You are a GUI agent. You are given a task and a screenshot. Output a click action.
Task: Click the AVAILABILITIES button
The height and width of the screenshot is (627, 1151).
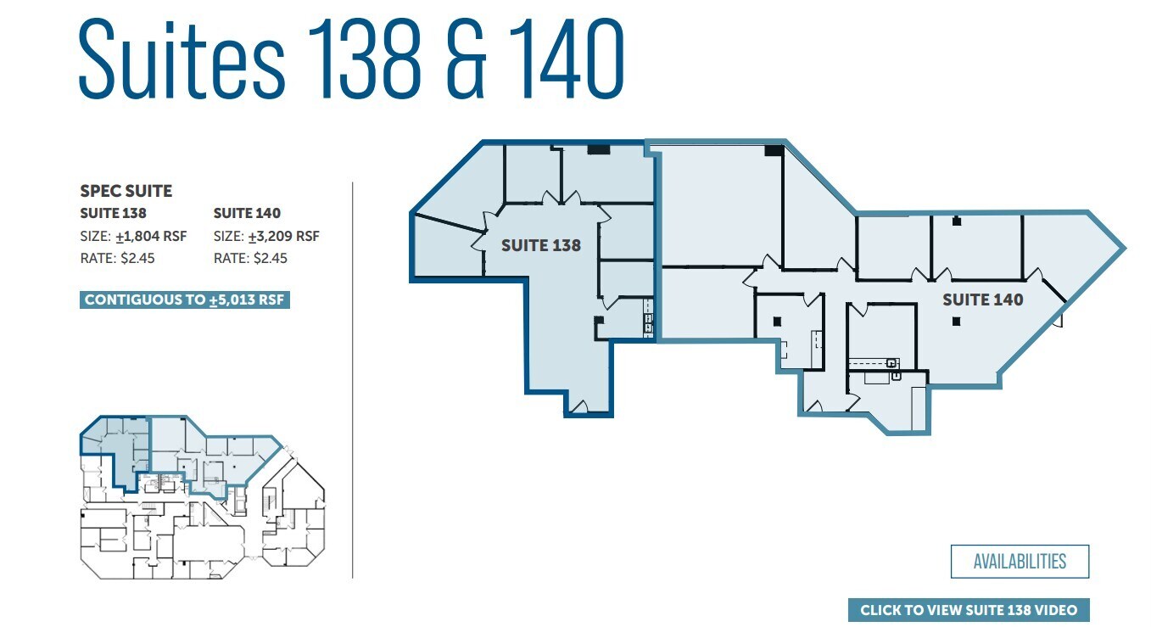coord(1020,561)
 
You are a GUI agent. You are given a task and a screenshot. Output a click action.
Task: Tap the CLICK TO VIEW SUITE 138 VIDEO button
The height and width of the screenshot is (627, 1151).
coord(969,610)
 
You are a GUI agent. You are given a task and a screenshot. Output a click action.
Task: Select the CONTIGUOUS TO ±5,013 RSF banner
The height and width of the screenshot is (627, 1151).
coord(184,300)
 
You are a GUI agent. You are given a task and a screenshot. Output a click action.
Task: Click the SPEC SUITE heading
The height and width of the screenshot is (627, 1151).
coord(126,191)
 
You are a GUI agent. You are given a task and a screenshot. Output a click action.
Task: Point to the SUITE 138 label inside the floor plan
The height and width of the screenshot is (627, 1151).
coord(540,246)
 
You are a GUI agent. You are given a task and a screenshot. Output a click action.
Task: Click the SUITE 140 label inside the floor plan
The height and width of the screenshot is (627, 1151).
coord(982,300)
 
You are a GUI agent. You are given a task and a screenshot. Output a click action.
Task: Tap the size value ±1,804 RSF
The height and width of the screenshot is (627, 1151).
coord(151,237)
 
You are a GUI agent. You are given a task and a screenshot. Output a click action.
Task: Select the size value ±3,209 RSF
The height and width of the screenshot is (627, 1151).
coord(283,237)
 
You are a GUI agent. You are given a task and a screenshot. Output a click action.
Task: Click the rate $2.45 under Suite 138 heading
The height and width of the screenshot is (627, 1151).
coord(137,258)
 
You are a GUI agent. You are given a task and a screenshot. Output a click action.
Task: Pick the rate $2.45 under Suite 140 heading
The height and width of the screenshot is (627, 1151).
coord(271,258)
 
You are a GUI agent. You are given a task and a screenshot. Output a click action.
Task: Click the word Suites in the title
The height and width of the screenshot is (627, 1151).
coord(181,59)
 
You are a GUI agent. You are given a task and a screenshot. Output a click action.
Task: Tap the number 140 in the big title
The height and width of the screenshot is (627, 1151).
coord(567,59)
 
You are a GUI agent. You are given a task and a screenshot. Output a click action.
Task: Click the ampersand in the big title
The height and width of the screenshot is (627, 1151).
coord(466,59)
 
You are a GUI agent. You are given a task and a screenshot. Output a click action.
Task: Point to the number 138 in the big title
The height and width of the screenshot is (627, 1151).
coord(365,59)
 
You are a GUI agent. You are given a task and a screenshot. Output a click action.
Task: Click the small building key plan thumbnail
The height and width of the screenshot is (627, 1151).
coord(203,497)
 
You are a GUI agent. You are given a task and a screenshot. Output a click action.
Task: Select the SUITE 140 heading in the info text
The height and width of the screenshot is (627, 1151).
coord(247,213)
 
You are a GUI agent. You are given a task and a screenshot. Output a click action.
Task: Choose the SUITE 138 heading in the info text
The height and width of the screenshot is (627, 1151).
coord(113,213)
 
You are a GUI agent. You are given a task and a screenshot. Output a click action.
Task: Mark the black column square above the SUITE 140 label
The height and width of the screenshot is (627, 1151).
coord(956,221)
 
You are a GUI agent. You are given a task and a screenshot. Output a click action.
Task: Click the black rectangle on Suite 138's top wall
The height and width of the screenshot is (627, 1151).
coord(598,149)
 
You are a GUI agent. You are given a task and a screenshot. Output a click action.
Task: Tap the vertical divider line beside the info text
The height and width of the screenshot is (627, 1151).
coord(353,380)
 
